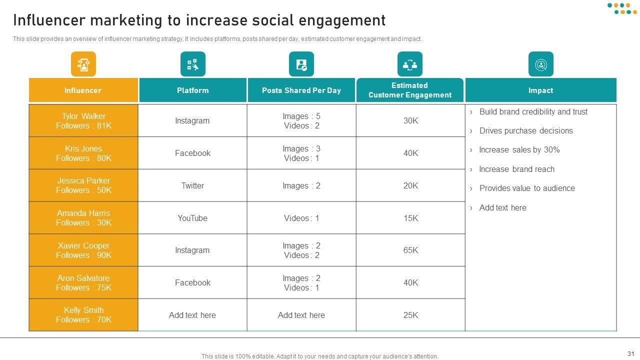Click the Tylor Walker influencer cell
[83, 121]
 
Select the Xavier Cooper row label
[83, 250]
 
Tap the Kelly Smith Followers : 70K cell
[83, 315]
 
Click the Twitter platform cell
[192, 186]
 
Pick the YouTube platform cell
[192, 218]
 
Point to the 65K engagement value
[410, 250]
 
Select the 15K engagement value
[410, 218]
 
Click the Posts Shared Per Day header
[301, 90]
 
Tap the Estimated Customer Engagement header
[410, 90]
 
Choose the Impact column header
[540, 90]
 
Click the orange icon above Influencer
[83, 64]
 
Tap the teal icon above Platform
[192, 64]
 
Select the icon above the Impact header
[540, 64]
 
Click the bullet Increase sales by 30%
[519, 150]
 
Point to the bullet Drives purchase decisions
[526, 131]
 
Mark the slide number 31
[630, 353]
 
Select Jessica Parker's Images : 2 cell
[301, 186]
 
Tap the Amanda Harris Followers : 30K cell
[83, 218]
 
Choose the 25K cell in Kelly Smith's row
[410, 315]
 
